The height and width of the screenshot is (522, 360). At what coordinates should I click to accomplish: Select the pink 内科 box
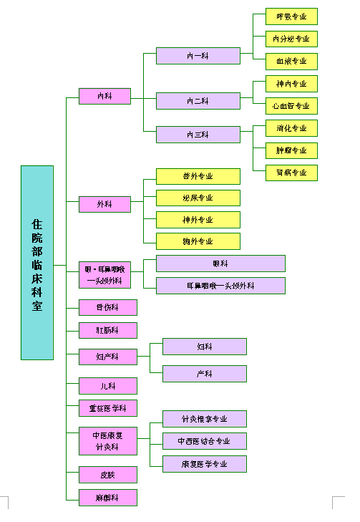[104, 96]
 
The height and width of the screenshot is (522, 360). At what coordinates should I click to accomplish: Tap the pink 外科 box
[104, 205]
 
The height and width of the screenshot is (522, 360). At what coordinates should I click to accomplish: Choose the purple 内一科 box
[198, 56]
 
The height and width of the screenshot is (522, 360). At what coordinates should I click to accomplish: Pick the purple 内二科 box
[198, 101]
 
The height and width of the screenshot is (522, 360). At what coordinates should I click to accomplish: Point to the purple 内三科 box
[198, 135]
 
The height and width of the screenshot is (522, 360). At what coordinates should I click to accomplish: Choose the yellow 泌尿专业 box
[198, 198]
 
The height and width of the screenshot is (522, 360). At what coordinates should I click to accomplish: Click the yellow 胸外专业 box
[198, 241]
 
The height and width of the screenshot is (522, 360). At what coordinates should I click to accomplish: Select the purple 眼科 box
[220, 264]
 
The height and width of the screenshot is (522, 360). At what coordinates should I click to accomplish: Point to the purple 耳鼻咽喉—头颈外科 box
[220, 286]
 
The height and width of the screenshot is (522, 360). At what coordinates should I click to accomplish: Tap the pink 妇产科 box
[107, 357]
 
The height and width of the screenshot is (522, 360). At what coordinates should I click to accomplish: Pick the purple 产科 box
[204, 374]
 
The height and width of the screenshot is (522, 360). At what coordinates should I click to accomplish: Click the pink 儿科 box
[107, 386]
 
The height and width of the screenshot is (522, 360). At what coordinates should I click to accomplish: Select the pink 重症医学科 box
[107, 408]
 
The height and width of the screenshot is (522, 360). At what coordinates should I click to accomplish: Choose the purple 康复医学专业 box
[204, 464]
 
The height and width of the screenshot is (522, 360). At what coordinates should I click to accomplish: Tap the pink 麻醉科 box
[107, 498]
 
